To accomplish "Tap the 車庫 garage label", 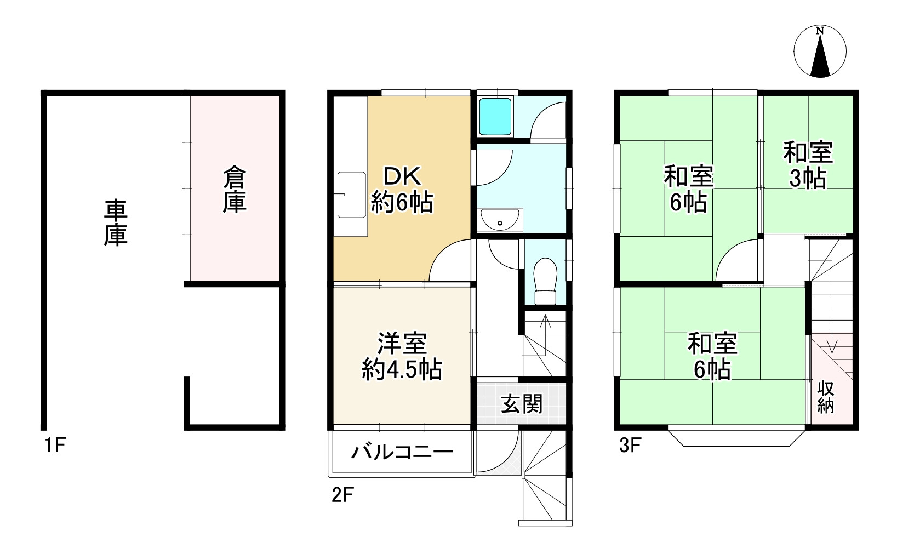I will click(116, 222).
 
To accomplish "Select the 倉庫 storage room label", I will click(234, 190).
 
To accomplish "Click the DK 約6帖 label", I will click(402, 190).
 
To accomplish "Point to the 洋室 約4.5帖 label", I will click(402, 356).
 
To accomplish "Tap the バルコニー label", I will click(402, 452).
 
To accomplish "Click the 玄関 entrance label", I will click(522, 404).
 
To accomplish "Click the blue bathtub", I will click(495, 116).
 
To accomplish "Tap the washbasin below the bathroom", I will click(500, 220).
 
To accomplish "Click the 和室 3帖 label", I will click(808, 165).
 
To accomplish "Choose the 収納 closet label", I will click(826, 397).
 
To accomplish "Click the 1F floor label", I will click(55, 445).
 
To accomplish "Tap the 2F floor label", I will click(343, 495).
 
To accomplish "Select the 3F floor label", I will click(630, 445).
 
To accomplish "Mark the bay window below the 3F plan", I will click(736, 437).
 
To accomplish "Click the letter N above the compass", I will click(820, 31).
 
